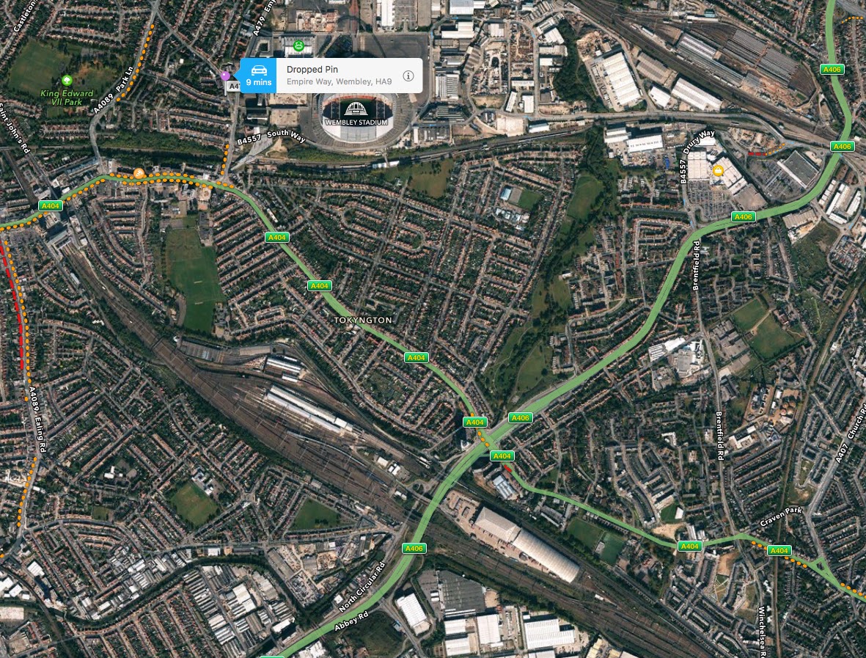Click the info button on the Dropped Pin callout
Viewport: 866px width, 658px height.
pos(408,76)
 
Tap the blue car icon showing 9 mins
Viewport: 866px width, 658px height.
pos(258,75)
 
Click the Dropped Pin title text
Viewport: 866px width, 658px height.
pos(312,69)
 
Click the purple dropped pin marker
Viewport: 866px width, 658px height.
pos(225,76)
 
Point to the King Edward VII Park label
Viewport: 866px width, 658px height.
pos(67,97)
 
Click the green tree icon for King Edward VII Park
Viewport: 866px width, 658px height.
pos(67,80)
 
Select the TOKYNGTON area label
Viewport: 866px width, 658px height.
pos(363,321)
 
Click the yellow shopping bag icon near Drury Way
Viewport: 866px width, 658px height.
pos(718,170)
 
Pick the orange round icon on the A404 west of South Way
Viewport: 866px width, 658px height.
pos(139,173)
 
